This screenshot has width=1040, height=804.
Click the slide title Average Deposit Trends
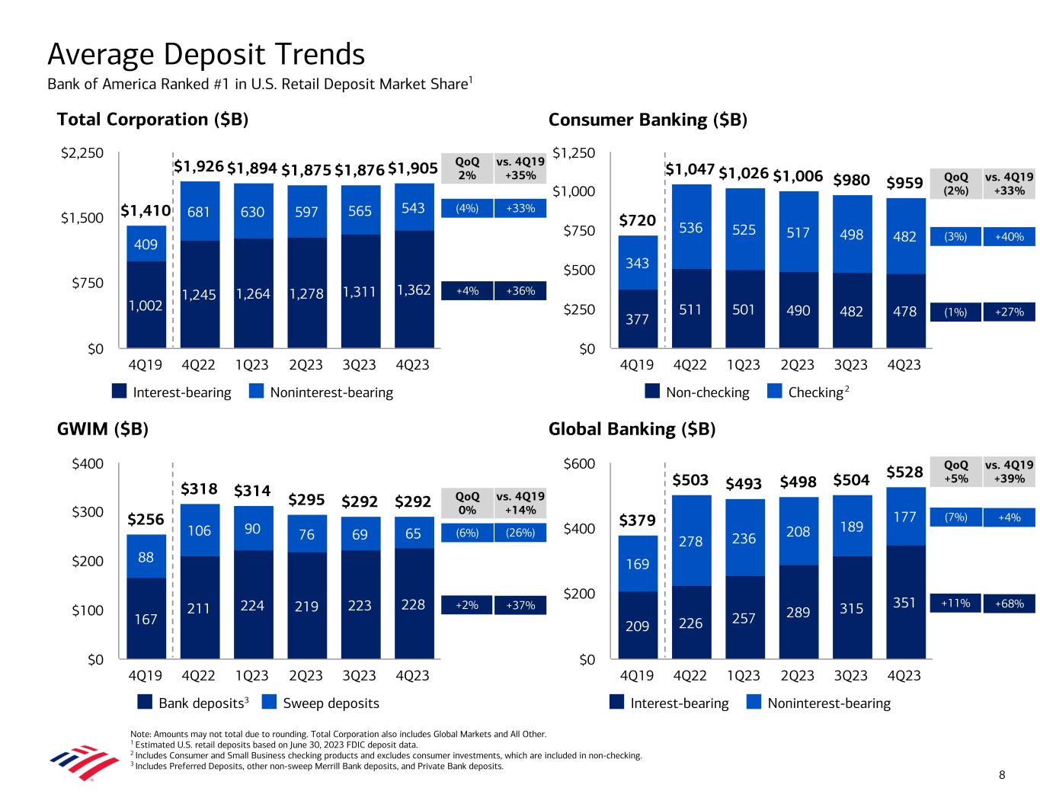pos(206,55)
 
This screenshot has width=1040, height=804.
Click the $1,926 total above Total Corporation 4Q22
pos(198,167)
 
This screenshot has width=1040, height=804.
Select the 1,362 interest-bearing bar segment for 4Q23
pos(413,290)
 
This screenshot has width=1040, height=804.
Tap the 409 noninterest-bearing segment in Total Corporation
pos(146,245)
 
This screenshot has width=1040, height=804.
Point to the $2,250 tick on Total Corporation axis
pos(82,153)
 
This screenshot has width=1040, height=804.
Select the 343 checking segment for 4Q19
pos(637,263)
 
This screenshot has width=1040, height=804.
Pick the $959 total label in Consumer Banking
pos(904,183)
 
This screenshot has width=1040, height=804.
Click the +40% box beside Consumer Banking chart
pos(1009,237)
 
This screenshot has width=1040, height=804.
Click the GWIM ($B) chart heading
pos(102,429)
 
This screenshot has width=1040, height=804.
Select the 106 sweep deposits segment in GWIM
pos(199,530)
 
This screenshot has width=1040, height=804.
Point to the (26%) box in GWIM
pos(520,533)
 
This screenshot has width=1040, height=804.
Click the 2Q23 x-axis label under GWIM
pos(306,676)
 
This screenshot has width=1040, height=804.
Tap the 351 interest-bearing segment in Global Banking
pos(905,603)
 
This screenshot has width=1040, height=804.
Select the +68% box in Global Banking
pos(1009,604)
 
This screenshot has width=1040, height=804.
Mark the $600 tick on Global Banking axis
pos(579,464)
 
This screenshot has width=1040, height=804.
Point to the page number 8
pos(1002,776)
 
